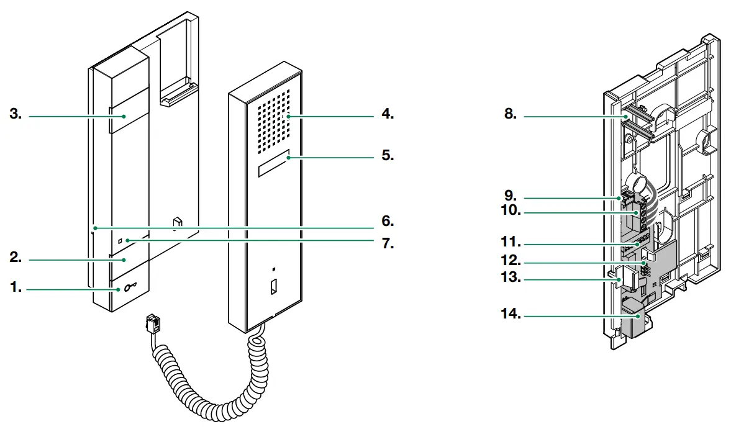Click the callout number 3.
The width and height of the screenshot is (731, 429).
coord(15,115)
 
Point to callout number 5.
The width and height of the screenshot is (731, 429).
coord(388,155)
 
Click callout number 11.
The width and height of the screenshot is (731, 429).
coord(511,242)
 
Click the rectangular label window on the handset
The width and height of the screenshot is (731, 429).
coord(273,163)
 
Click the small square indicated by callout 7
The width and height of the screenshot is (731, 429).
coord(120,239)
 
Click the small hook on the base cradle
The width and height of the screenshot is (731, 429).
coord(177,221)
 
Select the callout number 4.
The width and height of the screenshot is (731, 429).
coord(388,115)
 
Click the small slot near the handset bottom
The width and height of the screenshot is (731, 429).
coord(273,287)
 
